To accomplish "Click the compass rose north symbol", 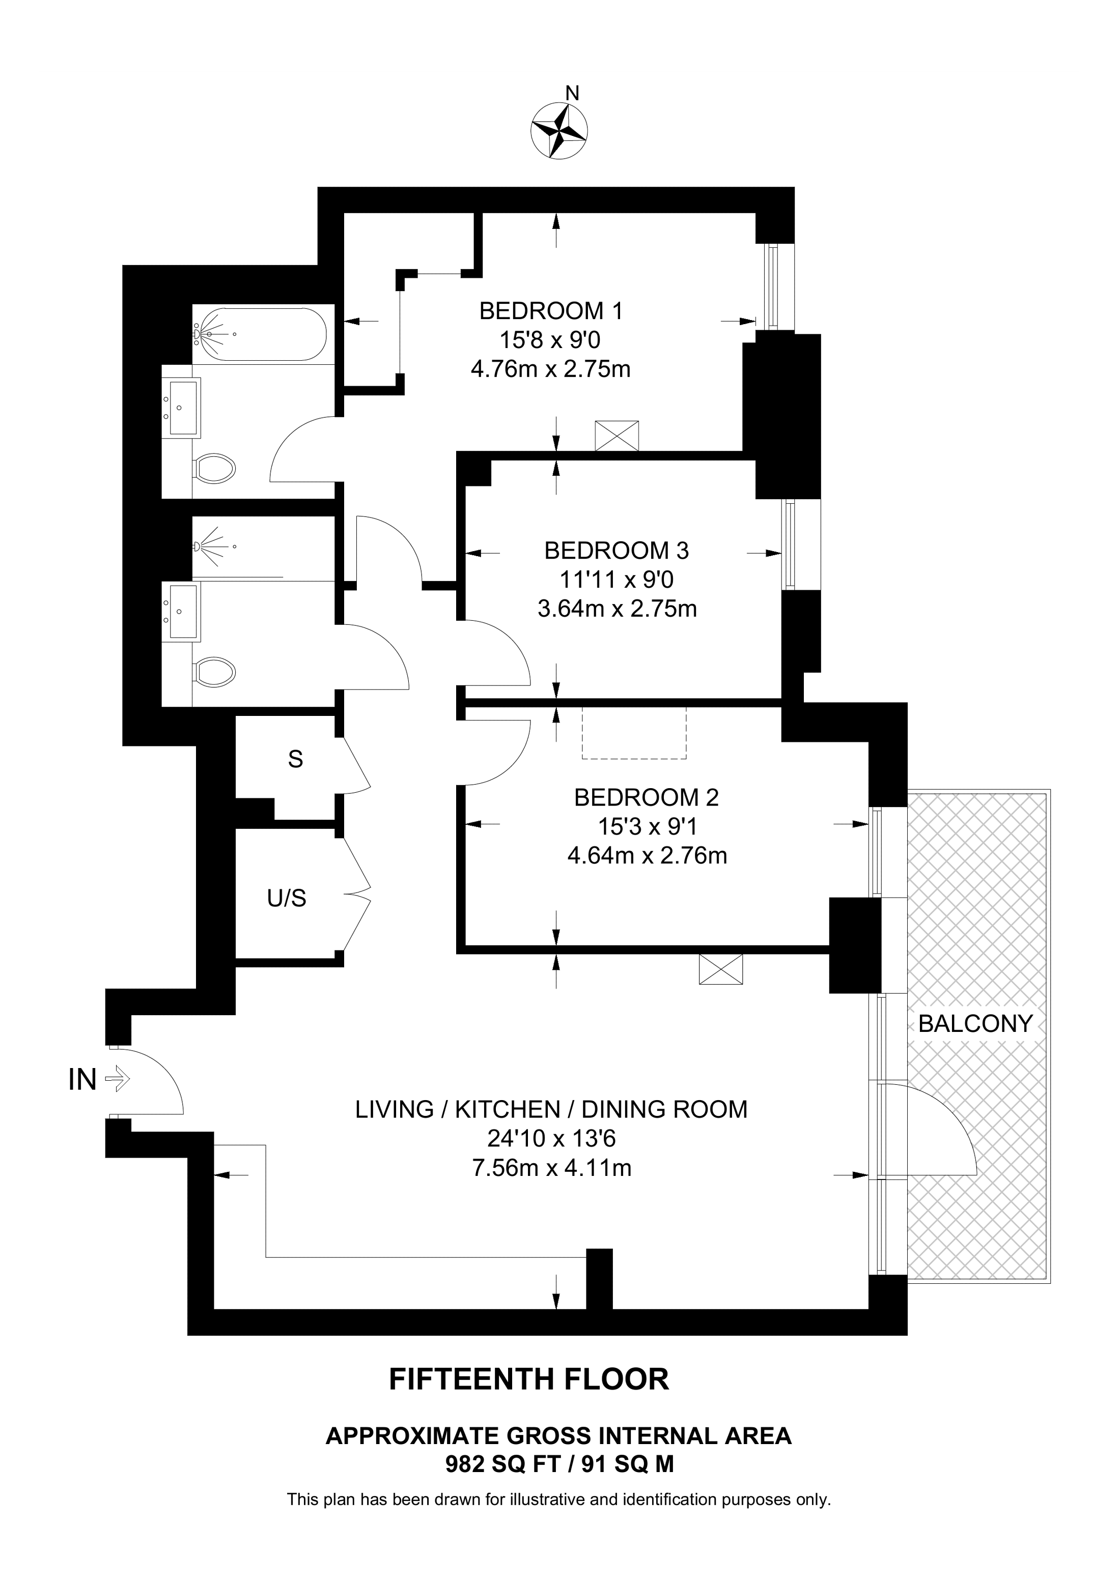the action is pos(559,130).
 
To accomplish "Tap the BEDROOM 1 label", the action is pos(551,311).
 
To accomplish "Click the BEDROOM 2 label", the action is pos(646,797).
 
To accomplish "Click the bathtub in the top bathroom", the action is pos(260,334).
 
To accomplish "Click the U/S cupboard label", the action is pos(287,898).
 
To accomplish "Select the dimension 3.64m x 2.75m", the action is pos(617,609).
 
